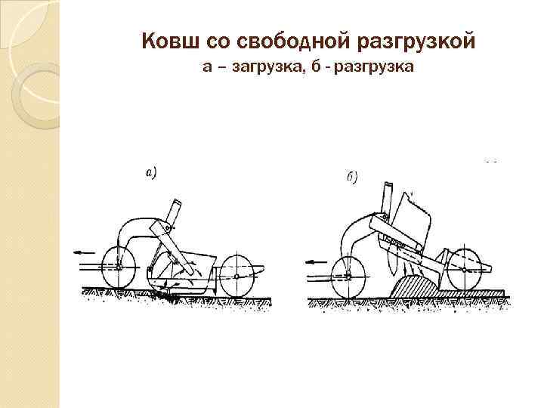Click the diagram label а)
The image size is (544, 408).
(150, 173)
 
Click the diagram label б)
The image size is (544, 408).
(351, 178)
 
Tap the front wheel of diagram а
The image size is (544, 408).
(118, 267)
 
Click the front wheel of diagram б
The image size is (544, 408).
(348, 272)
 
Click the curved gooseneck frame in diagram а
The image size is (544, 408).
(136, 227)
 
